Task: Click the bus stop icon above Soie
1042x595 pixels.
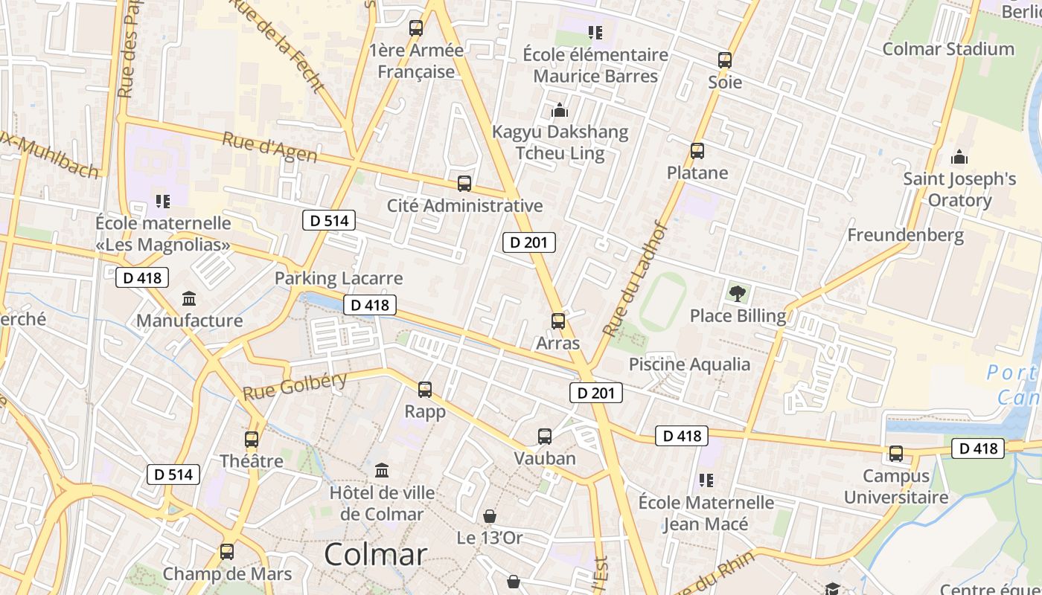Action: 724,60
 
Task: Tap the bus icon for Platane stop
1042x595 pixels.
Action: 697,151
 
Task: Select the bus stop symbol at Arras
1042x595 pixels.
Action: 557,321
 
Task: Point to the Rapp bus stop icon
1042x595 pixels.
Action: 424,389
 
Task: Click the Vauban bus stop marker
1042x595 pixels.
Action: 545,437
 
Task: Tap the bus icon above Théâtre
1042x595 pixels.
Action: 252,439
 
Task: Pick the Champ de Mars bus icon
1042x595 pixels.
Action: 227,552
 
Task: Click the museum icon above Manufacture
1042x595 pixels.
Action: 189,299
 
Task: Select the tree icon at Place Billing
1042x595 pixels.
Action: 737,293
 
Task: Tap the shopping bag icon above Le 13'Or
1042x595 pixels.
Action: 490,515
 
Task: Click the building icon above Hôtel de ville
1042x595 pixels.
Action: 382,470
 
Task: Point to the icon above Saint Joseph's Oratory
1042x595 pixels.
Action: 959,157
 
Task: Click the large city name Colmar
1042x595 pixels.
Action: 376,554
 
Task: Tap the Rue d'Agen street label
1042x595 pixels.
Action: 269,147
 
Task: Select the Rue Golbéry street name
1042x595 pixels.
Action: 295,387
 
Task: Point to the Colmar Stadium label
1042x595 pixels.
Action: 947,49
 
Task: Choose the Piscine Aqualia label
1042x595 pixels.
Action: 689,364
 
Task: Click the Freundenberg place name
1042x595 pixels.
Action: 905,235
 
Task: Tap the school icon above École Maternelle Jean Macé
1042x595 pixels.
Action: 706,480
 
